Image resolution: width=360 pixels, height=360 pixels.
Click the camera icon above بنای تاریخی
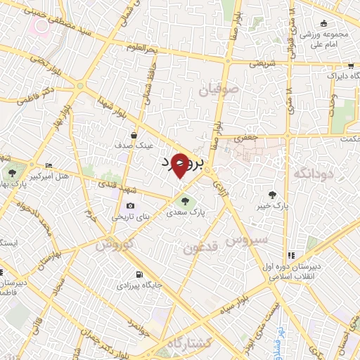(130, 205)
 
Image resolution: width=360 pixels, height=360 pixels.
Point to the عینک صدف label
(134, 146)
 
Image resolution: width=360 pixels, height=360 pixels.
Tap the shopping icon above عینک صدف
(134, 134)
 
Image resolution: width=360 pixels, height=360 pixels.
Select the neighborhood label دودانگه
(311, 173)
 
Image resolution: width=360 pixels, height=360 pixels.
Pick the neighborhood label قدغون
(200, 247)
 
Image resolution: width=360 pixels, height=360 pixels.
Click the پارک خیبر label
(274, 205)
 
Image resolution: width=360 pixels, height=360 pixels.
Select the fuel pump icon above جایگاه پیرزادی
(138, 274)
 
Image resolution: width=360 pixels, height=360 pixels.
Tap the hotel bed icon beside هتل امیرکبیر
(48, 165)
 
